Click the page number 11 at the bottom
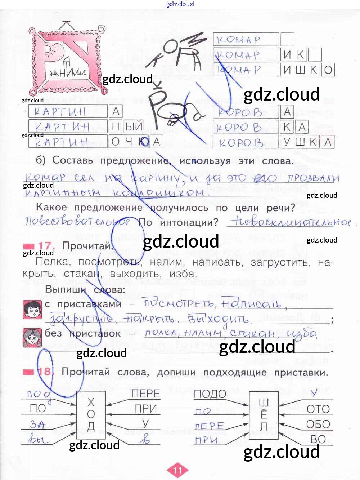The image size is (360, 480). coord(178,470)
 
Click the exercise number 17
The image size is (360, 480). coord(45,246)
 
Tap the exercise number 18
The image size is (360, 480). coord(45,372)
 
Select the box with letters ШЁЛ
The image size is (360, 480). coord(264,415)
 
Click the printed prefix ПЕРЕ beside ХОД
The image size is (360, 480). coord(145,394)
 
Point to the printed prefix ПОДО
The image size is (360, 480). coord(210,394)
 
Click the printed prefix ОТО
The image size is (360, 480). coord(318,409)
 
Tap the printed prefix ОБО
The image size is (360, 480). coord(318,424)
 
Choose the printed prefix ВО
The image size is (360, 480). coord(318,439)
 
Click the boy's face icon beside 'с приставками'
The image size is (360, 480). coord(32,310)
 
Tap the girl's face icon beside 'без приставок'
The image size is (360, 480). coord(32,338)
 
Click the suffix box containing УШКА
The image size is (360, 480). coord(307,142)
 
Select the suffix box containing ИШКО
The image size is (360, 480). coord(307,70)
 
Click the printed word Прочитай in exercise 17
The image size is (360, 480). coord(87,246)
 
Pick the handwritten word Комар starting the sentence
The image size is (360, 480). coord(45,178)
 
